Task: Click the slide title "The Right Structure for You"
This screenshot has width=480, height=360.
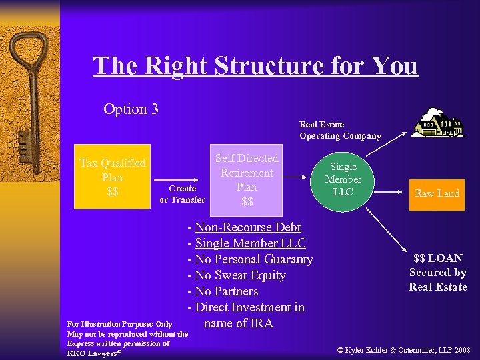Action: click(255, 66)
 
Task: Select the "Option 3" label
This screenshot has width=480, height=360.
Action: click(131, 108)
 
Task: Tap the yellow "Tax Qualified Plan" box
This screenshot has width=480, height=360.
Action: click(112, 177)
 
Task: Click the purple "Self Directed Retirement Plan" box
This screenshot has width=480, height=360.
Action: click(247, 179)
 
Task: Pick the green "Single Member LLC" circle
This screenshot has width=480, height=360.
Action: click(343, 179)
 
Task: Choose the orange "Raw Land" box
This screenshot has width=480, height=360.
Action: click(437, 193)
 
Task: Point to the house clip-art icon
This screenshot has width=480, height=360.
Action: click(437, 123)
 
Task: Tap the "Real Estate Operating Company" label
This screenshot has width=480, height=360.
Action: click(340, 130)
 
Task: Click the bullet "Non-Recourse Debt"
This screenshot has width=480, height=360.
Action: click(247, 227)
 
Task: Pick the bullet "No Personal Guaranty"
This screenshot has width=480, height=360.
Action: click(253, 259)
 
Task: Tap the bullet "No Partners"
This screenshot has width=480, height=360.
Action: click(226, 291)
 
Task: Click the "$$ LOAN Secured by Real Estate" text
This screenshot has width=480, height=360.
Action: click(438, 273)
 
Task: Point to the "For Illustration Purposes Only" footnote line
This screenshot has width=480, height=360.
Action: click(120, 324)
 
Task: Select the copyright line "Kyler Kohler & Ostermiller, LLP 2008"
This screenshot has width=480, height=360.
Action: click(404, 349)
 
